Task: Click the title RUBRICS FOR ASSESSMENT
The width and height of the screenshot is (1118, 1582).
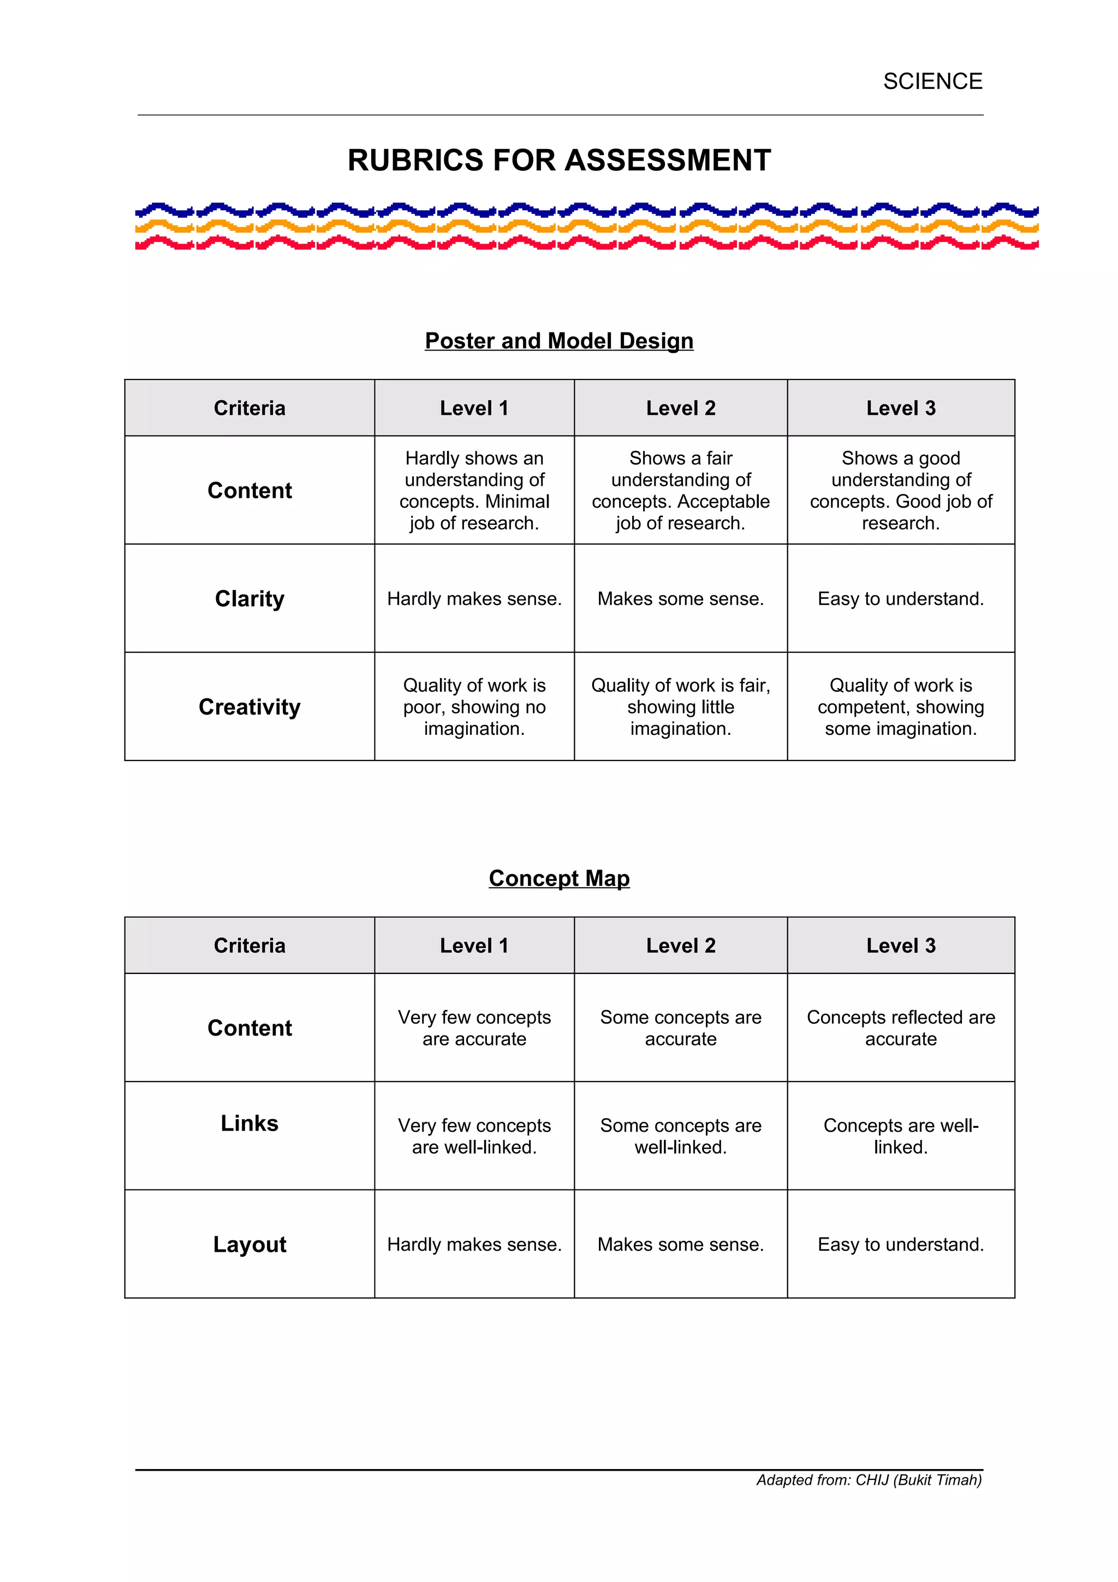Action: pyautogui.click(x=558, y=160)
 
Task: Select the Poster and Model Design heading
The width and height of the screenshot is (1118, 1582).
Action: pyautogui.click(x=558, y=341)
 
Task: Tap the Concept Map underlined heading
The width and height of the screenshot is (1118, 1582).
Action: pyautogui.click(x=558, y=878)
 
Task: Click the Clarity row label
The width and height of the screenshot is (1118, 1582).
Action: pyautogui.click(x=249, y=599)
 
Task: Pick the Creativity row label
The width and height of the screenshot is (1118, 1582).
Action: pyautogui.click(x=249, y=707)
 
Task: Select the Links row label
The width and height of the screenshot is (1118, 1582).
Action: pyautogui.click(x=249, y=1123)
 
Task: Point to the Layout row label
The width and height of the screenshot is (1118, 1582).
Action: pyautogui.click(x=249, y=1245)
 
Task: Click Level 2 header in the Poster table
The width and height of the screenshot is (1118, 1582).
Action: pyautogui.click(x=681, y=408)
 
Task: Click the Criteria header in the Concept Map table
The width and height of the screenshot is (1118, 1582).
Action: pyautogui.click(x=249, y=945)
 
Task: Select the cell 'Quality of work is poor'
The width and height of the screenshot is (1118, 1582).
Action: pyautogui.click(x=474, y=707)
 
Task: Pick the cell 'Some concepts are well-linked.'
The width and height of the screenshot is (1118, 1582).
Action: pyautogui.click(x=681, y=1136)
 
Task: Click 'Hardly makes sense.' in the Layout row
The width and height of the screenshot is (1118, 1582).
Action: pyautogui.click(x=474, y=1245)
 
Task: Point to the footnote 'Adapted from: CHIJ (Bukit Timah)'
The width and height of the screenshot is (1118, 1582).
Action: pyautogui.click(x=869, y=1480)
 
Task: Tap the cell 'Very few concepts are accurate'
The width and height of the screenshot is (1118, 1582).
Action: pyautogui.click(x=474, y=1028)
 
